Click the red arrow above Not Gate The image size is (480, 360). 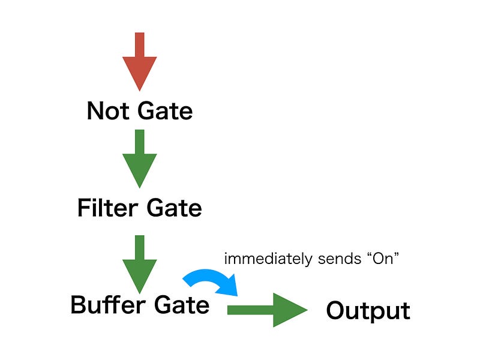(140, 62)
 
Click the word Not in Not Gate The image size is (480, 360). (108, 111)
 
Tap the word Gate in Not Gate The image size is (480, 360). (165, 111)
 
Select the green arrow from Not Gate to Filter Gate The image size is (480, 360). (140, 158)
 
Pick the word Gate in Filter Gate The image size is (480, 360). (174, 208)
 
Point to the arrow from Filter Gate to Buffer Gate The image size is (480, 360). (140, 264)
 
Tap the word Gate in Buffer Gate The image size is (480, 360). (182, 305)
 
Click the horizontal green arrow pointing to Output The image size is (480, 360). (267, 310)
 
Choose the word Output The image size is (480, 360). (368, 311)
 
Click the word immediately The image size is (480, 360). (268, 259)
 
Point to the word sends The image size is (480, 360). (340, 259)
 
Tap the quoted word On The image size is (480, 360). (383, 259)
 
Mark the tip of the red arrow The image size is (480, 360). (140, 91)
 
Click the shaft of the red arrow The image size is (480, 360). (140, 44)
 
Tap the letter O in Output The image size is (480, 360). (335, 310)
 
